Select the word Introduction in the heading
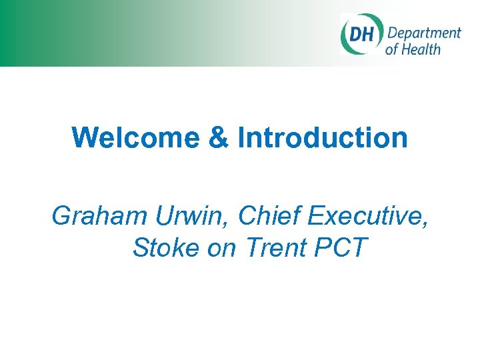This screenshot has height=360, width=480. click(x=323, y=138)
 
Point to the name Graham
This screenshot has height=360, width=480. click(x=99, y=215)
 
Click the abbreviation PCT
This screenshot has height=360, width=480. click(x=341, y=247)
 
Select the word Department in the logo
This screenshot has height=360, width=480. click(x=424, y=33)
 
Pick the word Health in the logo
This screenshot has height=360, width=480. click(x=421, y=49)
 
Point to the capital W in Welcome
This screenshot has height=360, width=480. click(x=83, y=138)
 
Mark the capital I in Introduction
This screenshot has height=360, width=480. click(x=242, y=138)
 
